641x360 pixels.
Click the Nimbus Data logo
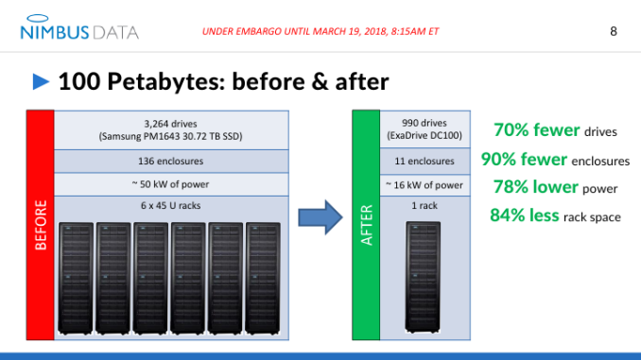tap(78, 30)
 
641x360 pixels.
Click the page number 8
tap(613, 31)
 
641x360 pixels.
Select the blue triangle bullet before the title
tap(41, 82)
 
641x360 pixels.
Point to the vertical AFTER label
tap(365, 225)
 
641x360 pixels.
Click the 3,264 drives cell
tap(171, 129)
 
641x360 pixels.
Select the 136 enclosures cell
tap(171, 161)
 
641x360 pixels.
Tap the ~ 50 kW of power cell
tap(171, 183)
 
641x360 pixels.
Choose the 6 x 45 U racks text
tap(171, 204)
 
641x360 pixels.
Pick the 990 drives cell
tap(424, 129)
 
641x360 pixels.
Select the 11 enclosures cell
tap(424, 162)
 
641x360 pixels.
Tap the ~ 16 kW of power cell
tap(424, 184)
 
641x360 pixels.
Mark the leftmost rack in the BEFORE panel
tap(77, 278)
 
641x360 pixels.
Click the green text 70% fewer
tap(527, 129)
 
